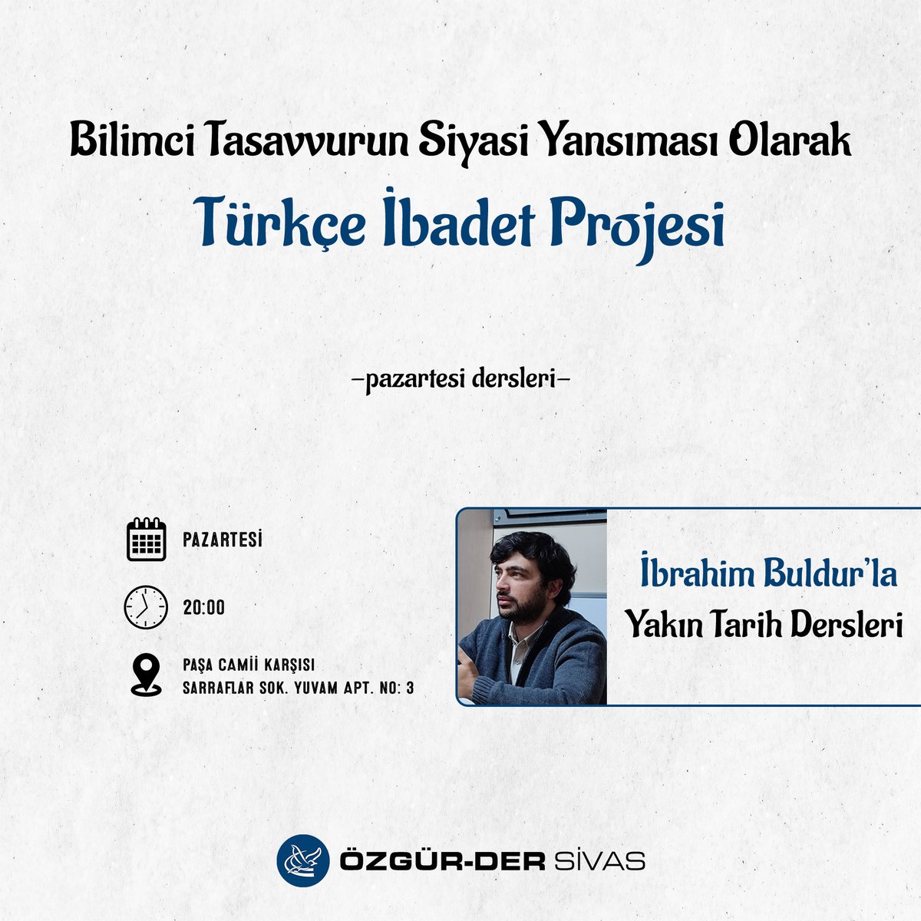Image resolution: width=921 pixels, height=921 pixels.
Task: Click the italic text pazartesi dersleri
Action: [x=460, y=379]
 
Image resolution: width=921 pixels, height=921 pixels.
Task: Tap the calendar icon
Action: [x=146, y=540]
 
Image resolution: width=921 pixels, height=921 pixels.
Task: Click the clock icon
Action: [x=146, y=608]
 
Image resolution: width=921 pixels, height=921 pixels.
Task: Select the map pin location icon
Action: [x=146, y=675]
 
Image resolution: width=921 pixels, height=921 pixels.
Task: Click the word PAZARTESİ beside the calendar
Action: [x=223, y=540]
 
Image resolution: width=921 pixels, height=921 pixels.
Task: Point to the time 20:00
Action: [x=204, y=608]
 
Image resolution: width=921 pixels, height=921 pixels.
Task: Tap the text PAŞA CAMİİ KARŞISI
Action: [x=249, y=665]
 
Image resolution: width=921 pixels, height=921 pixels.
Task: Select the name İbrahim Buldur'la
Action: [x=768, y=576]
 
